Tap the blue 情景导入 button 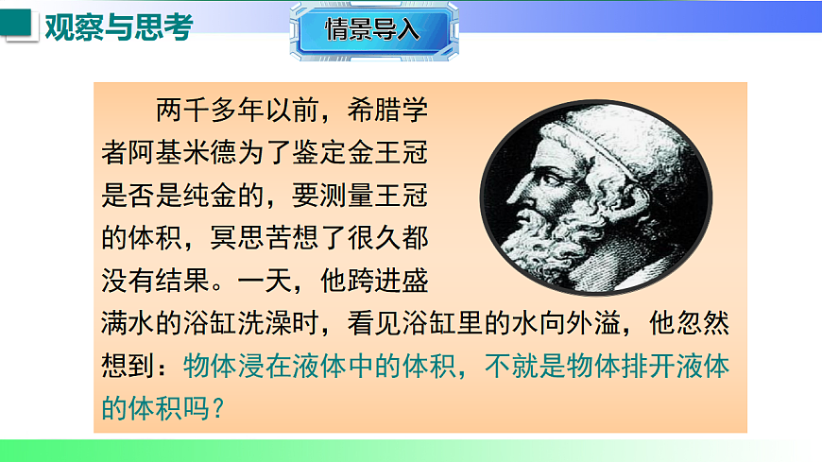(x=371, y=29)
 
